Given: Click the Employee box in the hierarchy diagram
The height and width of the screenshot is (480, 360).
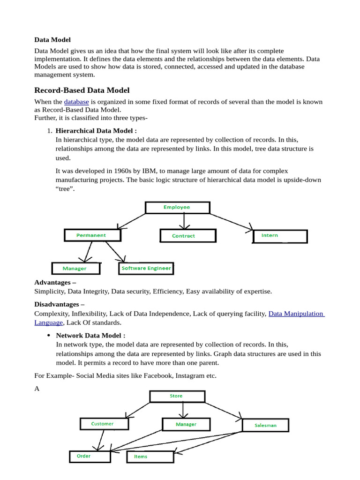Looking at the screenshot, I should pyautogui.click(x=177, y=208).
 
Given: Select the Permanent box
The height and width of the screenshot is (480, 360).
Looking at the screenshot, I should pyautogui.click(x=92, y=235).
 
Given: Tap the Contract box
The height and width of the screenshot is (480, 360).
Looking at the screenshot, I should pyautogui.click(x=188, y=236).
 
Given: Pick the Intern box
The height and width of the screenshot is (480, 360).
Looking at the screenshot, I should pyautogui.click(x=280, y=236).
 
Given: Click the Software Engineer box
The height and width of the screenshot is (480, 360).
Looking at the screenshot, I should pyautogui.click(x=146, y=269).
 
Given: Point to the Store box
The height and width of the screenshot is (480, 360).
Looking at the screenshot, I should pyautogui.click(x=177, y=396).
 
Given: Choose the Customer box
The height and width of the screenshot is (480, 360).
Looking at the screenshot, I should pyautogui.click(x=103, y=424).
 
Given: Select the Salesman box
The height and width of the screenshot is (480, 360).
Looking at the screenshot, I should pyautogui.click(x=265, y=426).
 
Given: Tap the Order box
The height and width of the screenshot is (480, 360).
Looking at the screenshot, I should pyautogui.click(x=90, y=456).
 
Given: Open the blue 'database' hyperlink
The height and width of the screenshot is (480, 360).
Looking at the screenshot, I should pyautogui.click(x=76, y=102).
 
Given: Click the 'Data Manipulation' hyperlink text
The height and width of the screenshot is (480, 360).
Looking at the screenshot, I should pyautogui.click(x=296, y=314).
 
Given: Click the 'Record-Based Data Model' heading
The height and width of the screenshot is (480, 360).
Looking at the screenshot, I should pyautogui.click(x=82, y=90).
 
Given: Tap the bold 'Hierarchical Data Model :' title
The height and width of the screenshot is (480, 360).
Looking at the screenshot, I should pyautogui.click(x=96, y=131).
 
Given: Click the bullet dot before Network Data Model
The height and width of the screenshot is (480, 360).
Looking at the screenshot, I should pyautogui.click(x=49, y=336).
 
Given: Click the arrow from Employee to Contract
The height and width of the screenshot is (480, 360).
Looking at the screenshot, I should pyautogui.click(x=184, y=221).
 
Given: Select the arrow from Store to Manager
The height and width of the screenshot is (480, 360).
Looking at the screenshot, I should pyautogui.click(x=182, y=410).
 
